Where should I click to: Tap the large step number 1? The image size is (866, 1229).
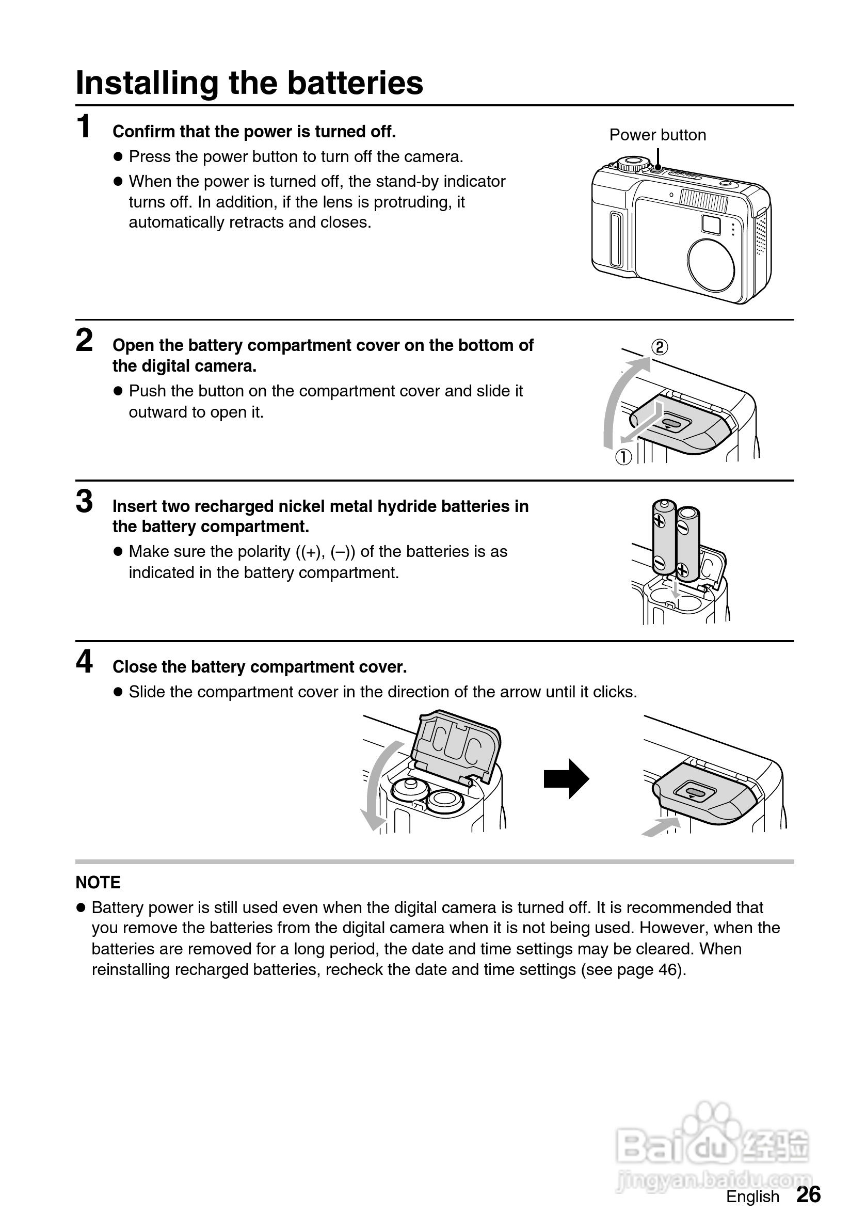pos(84,127)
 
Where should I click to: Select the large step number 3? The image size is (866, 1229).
pos(84,502)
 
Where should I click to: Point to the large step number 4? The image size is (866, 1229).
pos(84,662)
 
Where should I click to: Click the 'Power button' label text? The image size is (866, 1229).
pos(657,135)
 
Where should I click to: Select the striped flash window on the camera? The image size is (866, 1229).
pos(704,201)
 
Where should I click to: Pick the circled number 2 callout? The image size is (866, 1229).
pos(660,347)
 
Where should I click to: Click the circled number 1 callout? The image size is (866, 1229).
pos(623,457)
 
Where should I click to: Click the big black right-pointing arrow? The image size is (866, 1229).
pos(566,779)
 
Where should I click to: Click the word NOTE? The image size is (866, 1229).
pos(98,883)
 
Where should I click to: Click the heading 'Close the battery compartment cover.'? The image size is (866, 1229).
pos(260,667)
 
